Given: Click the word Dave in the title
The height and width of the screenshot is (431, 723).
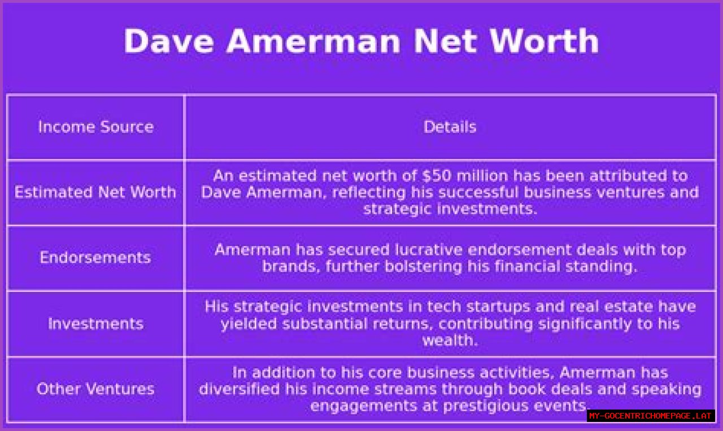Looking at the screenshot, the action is click(x=169, y=41).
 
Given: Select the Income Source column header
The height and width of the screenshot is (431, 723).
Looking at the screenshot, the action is click(x=96, y=127).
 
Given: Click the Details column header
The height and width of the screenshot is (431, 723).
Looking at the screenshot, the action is click(x=450, y=127).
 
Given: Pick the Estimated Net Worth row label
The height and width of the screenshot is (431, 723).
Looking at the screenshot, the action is click(x=95, y=192).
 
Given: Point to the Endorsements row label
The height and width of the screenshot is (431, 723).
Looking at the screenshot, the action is click(x=95, y=257).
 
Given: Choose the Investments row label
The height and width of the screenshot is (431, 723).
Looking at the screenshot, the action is click(x=96, y=324).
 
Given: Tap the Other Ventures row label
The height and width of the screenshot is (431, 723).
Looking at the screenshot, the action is click(x=95, y=389).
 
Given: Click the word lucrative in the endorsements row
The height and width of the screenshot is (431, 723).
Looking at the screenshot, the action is click(x=428, y=250).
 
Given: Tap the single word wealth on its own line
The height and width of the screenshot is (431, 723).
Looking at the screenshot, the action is click(x=450, y=340).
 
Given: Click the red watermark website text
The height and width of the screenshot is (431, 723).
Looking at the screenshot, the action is click(x=650, y=416).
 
